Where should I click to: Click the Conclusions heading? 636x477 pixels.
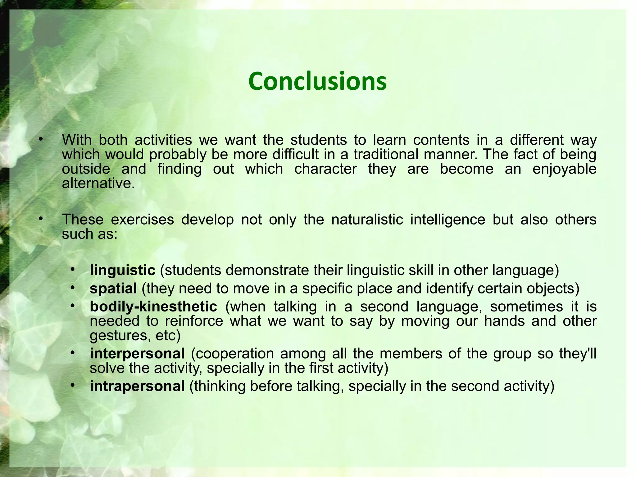[x=317, y=81]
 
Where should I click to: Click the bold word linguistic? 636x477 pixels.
[x=122, y=270]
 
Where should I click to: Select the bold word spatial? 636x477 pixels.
[x=113, y=288]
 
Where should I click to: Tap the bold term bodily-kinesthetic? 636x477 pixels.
[x=153, y=307]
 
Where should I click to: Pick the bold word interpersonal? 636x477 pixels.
[x=137, y=354]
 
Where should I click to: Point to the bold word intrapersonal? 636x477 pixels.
[x=137, y=386]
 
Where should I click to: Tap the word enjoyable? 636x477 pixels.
[x=564, y=169]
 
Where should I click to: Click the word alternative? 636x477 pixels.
[x=98, y=183]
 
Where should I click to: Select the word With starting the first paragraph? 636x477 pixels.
[x=76, y=140]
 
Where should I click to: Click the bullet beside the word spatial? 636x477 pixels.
[x=73, y=288]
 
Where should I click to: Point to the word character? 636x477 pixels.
[x=325, y=169]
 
